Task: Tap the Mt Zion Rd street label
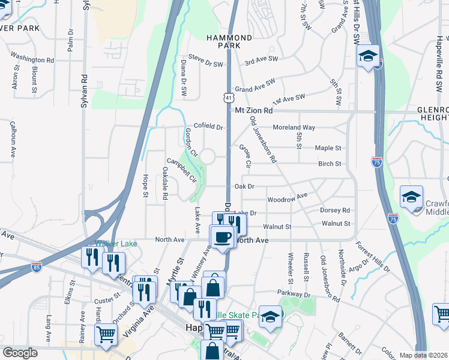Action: pos(253,111)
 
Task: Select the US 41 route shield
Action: pos(229,97)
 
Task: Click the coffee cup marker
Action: pos(223,236)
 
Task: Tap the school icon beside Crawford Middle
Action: pos(412,198)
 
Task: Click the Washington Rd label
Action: pos(32,60)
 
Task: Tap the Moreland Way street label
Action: pos(294,128)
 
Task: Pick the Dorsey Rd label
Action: pos(335,211)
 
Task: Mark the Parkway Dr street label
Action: pos(294,293)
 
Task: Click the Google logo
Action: pos(20,353)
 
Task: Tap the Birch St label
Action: pos(330,164)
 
